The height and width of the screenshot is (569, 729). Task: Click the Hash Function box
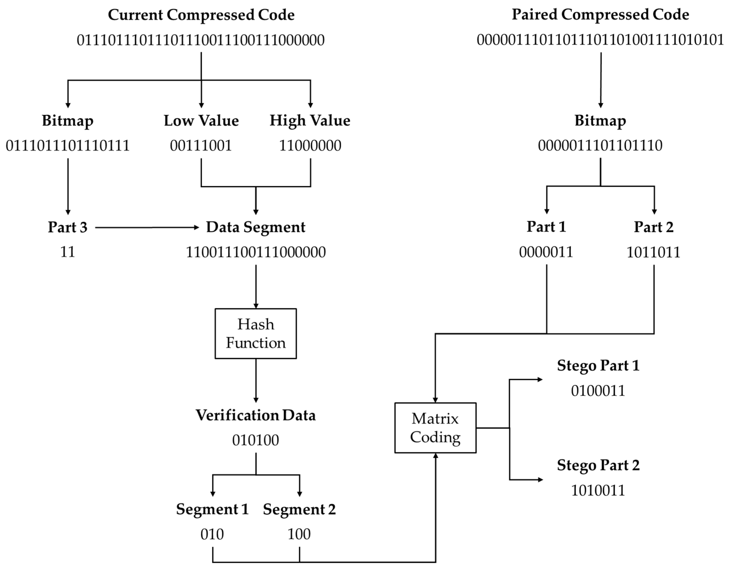coord(256,333)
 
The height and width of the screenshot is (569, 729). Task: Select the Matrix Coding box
coord(435,428)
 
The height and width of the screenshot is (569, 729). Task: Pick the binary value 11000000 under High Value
coord(310,146)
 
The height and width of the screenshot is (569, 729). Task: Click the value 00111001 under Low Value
coord(201,146)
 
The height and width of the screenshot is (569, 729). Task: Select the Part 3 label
coord(68,227)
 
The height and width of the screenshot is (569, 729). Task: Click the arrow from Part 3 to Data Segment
coord(147,228)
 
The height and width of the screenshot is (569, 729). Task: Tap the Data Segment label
coord(256,227)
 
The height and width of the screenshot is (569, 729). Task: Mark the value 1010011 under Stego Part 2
coord(598,491)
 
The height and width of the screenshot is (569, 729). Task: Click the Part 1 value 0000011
coord(546,252)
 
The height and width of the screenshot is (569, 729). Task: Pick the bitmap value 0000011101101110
coord(600,146)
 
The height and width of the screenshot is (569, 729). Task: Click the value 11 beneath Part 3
coord(68,252)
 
